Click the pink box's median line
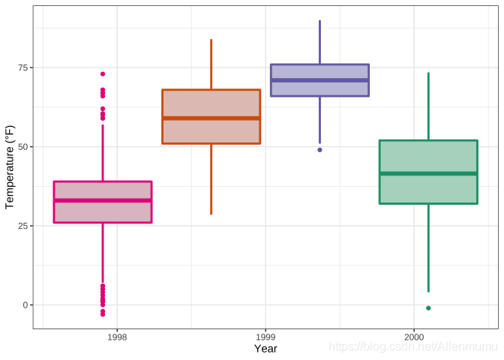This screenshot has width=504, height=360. click(x=103, y=200)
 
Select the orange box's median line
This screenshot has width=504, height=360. click(x=211, y=118)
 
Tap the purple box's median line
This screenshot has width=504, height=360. click(x=319, y=80)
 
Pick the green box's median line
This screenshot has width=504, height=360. click(x=428, y=173)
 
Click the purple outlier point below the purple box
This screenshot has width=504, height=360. click(x=319, y=150)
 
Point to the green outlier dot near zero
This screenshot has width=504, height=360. click(x=428, y=308)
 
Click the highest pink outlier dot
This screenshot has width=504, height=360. click(x=103, y=74)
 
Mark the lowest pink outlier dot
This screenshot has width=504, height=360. click(x=103, y=314)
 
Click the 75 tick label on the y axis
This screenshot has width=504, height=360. click(x=22, y=67)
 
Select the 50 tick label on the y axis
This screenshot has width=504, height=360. click(x=22, y=147)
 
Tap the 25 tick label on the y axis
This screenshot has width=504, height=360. click(x=22, y=226)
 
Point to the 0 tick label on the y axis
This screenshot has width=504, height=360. click(x=25, y=305)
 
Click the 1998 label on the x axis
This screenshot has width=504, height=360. click(x=117, y=337)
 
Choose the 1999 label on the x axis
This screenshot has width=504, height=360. click(x=265, y=337)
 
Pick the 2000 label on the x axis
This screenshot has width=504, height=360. click(x=413, y=337)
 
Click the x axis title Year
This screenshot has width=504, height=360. click(x=265, y=349)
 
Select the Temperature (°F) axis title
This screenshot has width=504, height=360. click(x=10, y=166)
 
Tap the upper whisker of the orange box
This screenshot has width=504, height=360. click(x=211, y=64)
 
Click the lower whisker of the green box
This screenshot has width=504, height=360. click(x=428, y=247)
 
